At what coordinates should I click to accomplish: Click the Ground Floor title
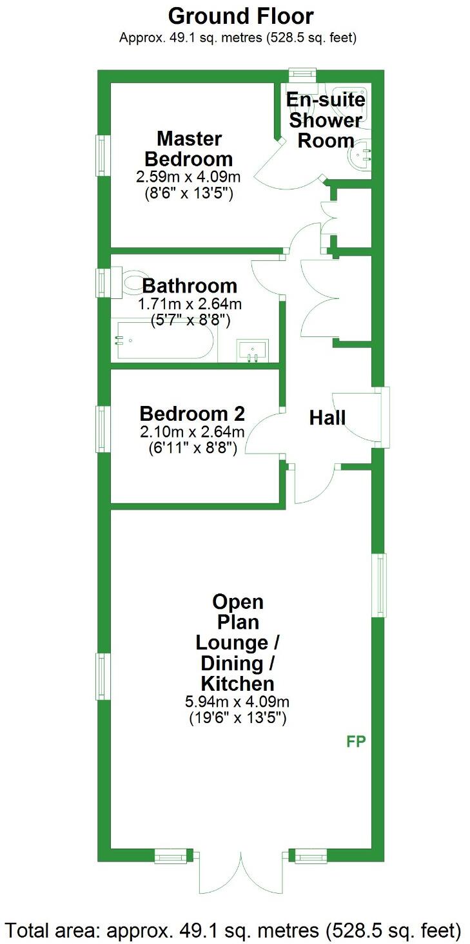(241, 15)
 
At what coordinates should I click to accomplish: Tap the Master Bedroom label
(189, 148)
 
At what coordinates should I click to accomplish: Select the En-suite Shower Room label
(326, 120)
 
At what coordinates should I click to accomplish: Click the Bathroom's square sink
(252, 351)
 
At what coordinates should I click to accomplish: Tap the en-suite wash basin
(360, 155)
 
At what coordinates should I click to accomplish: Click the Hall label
(328, 418)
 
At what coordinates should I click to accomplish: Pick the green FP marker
(356, 742)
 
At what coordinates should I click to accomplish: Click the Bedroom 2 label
(191, 413)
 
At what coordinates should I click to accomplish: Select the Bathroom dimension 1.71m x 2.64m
(190, 303)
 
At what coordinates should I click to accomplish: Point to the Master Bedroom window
(102, 155)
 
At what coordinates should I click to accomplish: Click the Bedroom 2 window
(102, 429)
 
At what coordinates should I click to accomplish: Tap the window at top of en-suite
(302, 75)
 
